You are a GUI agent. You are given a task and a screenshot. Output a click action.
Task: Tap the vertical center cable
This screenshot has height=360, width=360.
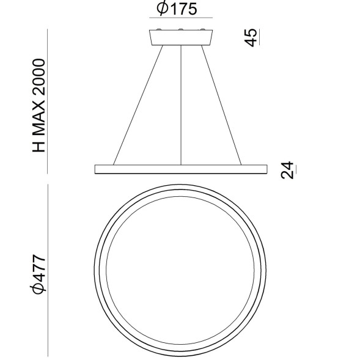[x=181, y=104]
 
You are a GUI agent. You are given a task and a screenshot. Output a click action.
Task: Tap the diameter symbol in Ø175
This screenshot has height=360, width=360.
[x=161, y=9]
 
